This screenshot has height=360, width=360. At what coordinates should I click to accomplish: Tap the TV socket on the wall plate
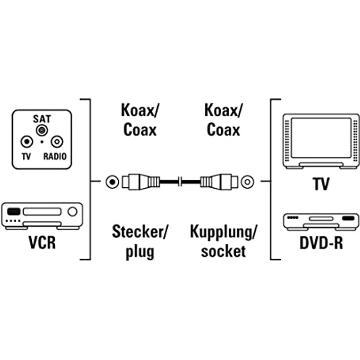coord(26,142)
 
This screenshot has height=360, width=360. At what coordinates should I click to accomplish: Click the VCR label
coord(42,243)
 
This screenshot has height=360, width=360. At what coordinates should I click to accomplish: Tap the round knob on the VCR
coord(73,212)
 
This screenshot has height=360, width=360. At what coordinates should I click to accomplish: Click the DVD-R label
coord(320,243)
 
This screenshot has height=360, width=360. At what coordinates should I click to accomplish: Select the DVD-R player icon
coord(320,222)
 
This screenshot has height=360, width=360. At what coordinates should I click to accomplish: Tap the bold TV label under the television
coord(320,184)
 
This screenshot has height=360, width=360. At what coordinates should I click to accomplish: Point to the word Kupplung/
coord(223,231)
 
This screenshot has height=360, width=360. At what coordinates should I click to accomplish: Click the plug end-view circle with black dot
coord(113,182)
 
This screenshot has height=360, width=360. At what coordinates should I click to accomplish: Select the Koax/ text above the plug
coord(139,110)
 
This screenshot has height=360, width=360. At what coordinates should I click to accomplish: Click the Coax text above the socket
coord(223,130)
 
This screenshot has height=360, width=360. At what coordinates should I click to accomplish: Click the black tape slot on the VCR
coord(14,212)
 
